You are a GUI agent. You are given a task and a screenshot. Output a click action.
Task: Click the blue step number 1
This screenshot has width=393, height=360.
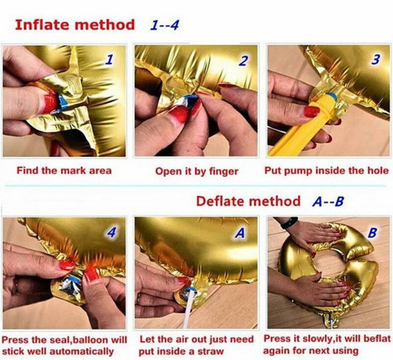point(109,60)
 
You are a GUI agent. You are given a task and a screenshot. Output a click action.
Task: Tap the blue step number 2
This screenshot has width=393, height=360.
point(243,61)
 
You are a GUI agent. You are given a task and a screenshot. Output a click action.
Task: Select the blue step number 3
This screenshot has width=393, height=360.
point(376,59)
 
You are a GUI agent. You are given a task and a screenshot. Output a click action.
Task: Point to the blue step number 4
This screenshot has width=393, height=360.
point(112,233)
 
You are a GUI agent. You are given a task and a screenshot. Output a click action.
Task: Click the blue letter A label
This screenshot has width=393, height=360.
point(240,233)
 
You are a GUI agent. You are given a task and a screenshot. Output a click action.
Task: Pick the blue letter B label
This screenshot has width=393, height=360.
point(373,233)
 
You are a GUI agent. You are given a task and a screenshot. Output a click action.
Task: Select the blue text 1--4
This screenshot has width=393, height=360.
point(164,25)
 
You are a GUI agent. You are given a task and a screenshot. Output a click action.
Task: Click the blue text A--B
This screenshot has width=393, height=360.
point(328,201)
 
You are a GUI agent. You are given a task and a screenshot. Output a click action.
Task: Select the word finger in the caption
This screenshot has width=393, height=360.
point(224,172)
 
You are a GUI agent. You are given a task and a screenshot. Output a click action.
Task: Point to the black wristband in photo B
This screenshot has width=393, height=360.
point(289,223)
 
